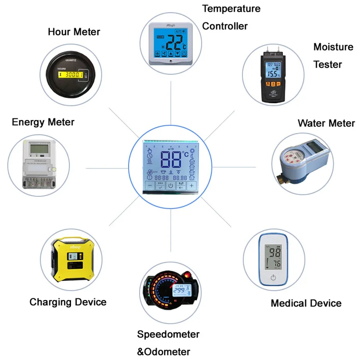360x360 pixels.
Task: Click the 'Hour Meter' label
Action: (x=74, y=32)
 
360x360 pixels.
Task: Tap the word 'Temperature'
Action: (x=231, y=9)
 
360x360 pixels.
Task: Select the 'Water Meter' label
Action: (x=326, y=123)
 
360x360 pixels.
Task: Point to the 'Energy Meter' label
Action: (x=43, y=122)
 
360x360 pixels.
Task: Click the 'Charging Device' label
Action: (x=68, y=302)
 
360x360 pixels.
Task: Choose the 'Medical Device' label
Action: (x=306, y=303)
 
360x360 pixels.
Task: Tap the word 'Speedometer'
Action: (x=168, y=334)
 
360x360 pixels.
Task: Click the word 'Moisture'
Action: (x=333, y=47)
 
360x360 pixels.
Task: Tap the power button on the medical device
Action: (x=273, y=277)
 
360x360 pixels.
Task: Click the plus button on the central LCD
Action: (x=192, y=185)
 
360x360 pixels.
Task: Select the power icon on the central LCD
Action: (x=170, y=186)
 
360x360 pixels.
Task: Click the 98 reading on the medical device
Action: (x=275, y=253)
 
